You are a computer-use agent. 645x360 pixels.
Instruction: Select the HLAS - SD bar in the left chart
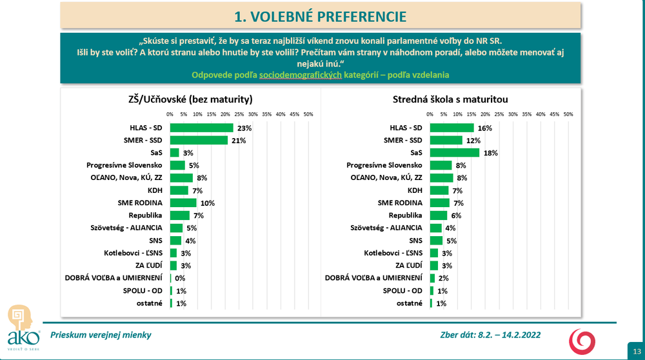[201, 128]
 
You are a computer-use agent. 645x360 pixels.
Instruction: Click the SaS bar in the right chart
[454, 153]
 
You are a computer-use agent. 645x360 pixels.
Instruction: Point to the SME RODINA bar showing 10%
[183, 203]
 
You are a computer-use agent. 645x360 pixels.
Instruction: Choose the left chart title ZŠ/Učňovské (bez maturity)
[190, 99]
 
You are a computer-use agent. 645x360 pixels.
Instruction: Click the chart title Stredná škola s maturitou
[450, 99]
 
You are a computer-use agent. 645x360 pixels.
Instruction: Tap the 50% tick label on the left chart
[308, 114]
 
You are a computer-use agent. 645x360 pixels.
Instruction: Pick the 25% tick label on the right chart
[499, 114]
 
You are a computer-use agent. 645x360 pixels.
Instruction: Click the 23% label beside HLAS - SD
[244, 128]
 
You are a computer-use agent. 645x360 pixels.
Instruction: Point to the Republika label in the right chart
[405, 215]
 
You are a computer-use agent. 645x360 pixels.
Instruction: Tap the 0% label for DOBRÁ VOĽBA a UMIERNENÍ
[181, 278]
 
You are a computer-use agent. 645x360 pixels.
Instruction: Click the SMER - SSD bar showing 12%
[446, 141]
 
